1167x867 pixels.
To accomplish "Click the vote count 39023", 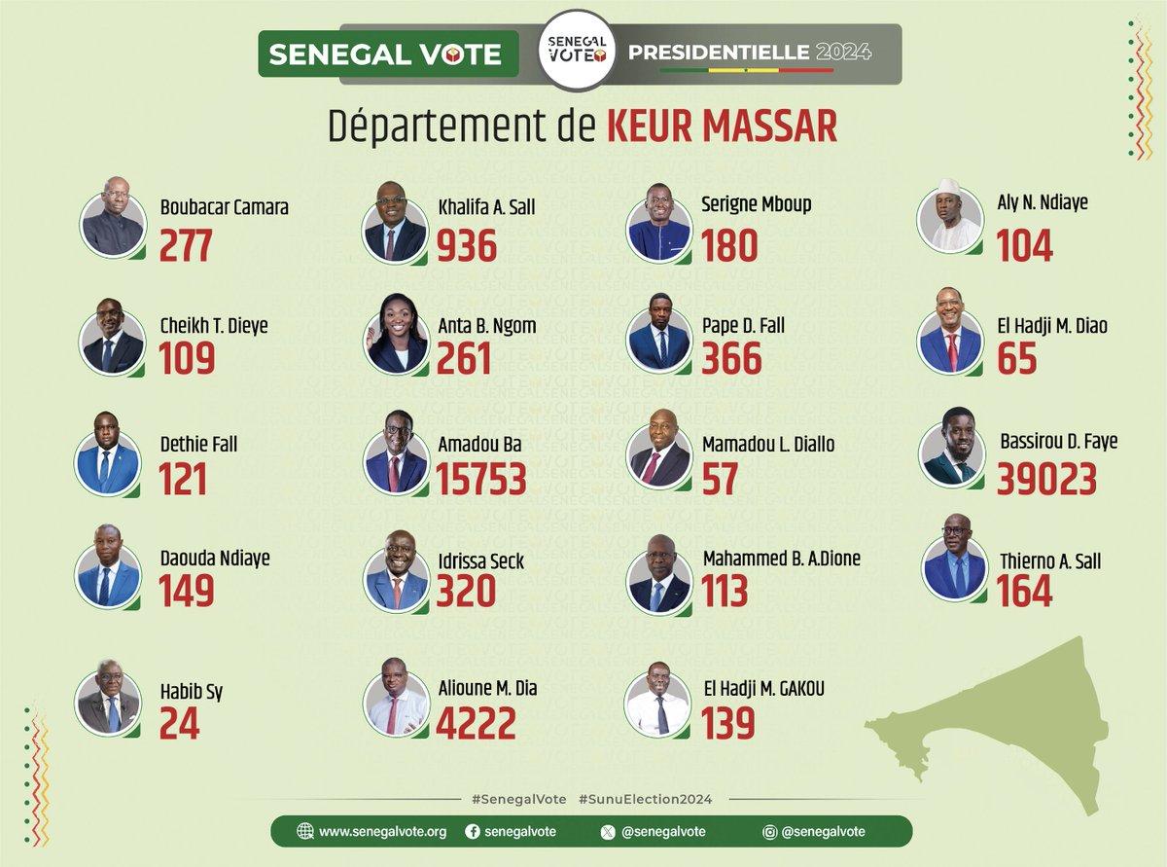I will coord(1046,478).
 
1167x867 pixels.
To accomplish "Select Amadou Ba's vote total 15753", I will coord(480,478).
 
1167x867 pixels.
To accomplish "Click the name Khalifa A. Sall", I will coord(486,207).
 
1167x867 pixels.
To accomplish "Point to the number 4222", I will coord(475,723).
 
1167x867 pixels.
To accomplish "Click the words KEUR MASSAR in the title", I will coord(722,127).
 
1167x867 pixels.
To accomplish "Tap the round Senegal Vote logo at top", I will coord(578,52).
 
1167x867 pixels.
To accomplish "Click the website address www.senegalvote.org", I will coord(382,832).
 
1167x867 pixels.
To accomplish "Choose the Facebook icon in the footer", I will coord(473,832).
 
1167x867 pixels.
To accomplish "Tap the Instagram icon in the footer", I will coord(769,832).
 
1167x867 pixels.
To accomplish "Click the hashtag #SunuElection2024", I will coord(645,799).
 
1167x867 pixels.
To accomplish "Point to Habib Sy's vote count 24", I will coord(180,723).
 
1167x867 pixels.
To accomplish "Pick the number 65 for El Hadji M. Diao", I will coord(1017,359).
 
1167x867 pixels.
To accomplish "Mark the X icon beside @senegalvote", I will coord(609,832).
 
